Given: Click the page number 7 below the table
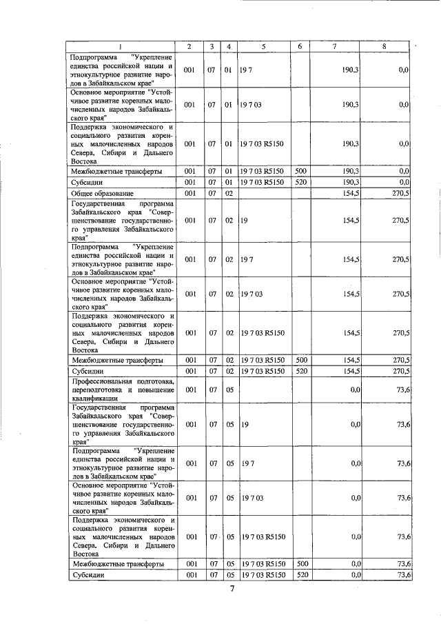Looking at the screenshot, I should coord(233,589).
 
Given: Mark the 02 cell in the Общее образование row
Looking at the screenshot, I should coord(228,194).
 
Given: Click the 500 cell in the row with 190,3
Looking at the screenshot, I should coord(300,170).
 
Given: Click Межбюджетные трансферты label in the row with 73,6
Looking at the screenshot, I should coord(117,563).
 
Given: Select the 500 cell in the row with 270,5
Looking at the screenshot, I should coord(300,360).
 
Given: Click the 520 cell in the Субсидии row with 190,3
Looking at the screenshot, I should coord(300,182).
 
